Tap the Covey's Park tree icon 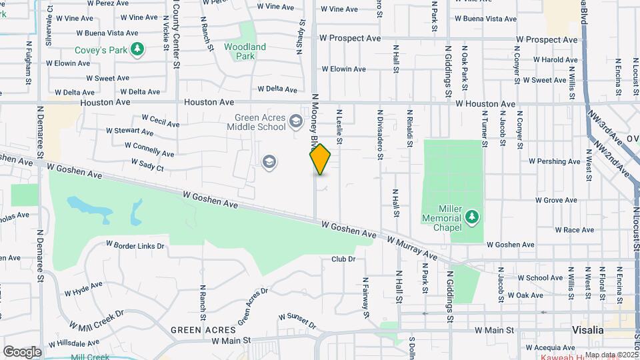pos(138,49)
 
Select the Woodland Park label pos(245,51)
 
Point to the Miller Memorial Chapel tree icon pos(472,216)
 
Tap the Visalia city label pos(587,330)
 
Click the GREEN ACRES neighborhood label pos(203,330)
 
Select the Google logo pos(22,351)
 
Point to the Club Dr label pos(343,259)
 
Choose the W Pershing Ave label pos(555,161)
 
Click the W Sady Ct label pos(147,162)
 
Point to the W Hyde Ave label pos(83,289)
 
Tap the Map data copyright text pos(611,355)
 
